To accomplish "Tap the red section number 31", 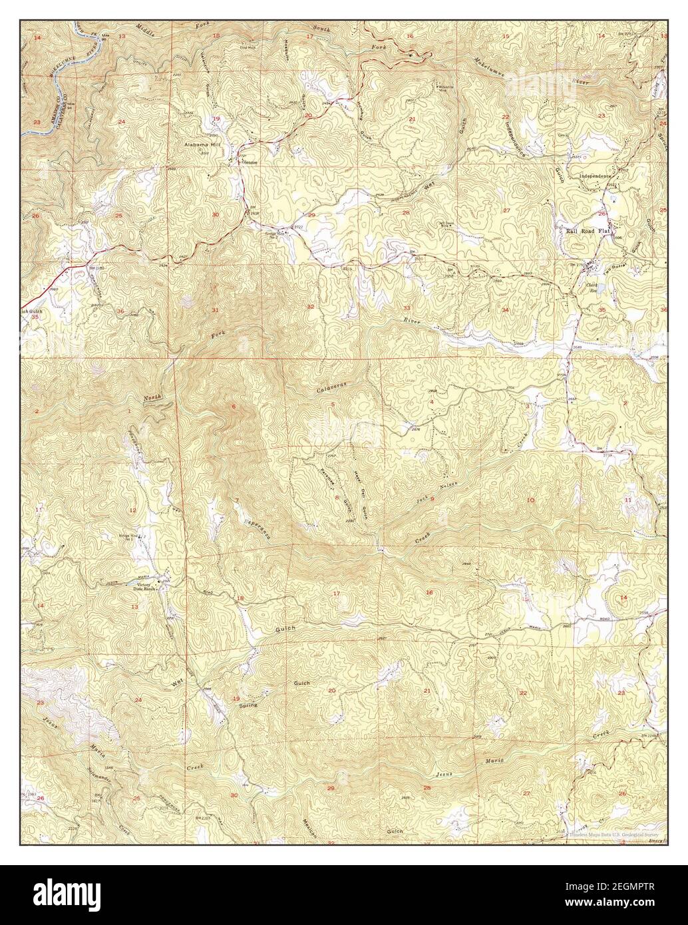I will (x=215, y=310).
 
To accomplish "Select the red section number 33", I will (x=407, y=307).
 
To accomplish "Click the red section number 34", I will (x=506, y=310).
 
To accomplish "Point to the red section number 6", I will (x=234, y=406).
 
